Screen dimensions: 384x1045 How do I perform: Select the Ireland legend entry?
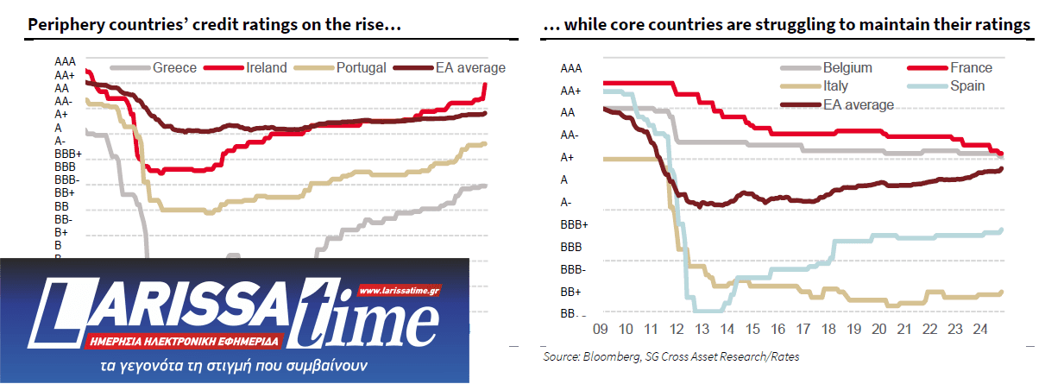(267, 67)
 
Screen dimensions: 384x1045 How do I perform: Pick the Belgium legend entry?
(847, 67)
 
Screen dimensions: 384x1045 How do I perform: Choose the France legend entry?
(971, 67)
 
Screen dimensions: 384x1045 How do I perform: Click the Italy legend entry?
(835, 85)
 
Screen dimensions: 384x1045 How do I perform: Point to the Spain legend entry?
(967, 85)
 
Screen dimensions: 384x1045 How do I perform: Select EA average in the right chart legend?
(858, 104)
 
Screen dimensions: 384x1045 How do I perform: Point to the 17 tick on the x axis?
(806, 329)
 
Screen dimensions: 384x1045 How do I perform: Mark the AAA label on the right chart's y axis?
(570, 67)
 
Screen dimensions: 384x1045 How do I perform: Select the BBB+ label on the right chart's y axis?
(574, 224)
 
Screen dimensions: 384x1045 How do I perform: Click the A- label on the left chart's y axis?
(60, 141)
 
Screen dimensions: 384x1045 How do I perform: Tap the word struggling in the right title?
(782, 26)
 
